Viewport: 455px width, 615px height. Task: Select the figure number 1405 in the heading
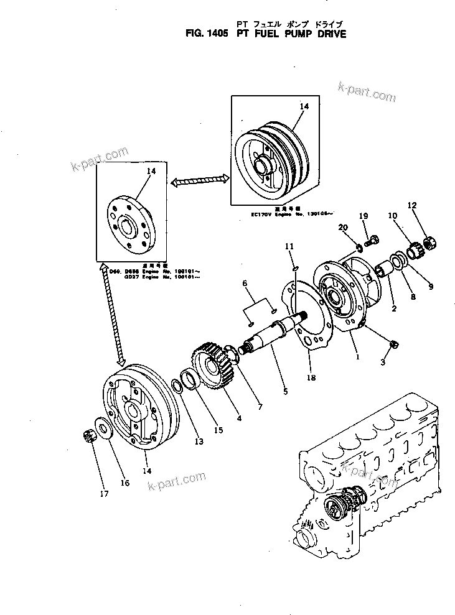[216, 34]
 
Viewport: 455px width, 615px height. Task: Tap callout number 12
[411, 206]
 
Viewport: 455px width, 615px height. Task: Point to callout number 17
[103, 494]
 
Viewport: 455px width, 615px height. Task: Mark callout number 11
[289, 247]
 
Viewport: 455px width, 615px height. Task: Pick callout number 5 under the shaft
[284, 392]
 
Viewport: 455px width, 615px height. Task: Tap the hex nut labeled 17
[88, 438]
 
